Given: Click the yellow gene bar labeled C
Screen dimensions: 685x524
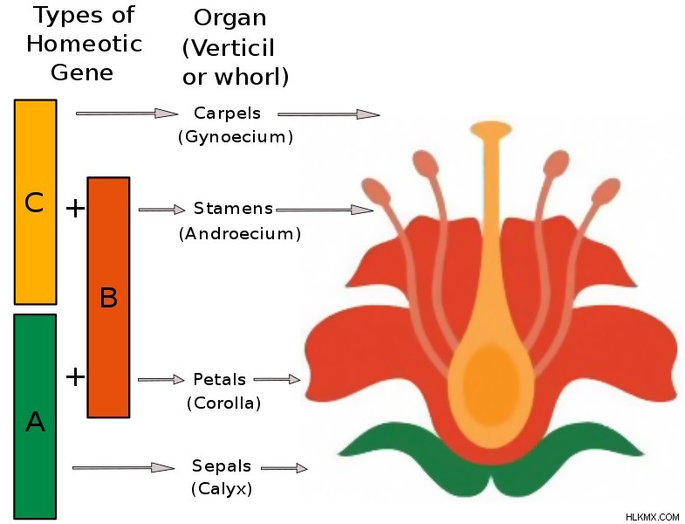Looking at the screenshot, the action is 36,202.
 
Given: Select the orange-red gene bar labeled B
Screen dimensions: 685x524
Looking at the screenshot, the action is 108,298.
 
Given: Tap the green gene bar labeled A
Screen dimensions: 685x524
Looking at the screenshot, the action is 35,417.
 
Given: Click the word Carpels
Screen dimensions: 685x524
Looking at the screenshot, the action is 227,114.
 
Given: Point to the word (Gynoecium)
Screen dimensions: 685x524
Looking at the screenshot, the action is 236,137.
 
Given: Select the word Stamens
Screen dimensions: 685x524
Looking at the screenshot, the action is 233,209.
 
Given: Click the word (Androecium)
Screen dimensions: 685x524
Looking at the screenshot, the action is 240,233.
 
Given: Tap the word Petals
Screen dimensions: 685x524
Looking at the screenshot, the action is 219,379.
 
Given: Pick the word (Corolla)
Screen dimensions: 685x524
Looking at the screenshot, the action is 223,403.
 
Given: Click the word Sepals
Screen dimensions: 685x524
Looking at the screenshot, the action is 222,466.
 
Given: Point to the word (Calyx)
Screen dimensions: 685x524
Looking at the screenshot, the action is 222,488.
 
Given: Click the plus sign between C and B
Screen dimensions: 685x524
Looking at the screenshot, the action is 75,208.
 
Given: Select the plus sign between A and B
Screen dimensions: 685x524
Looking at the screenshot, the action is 75,376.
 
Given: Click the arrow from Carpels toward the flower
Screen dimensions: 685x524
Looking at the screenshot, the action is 328,114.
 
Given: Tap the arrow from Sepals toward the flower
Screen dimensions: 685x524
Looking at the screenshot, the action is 284,468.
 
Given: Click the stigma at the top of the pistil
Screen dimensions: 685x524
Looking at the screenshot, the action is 491,129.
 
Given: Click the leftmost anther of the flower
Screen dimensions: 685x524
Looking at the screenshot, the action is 376,192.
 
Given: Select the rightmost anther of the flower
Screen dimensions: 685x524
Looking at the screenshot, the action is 606,192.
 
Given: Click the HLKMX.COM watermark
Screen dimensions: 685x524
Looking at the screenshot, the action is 652,517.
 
